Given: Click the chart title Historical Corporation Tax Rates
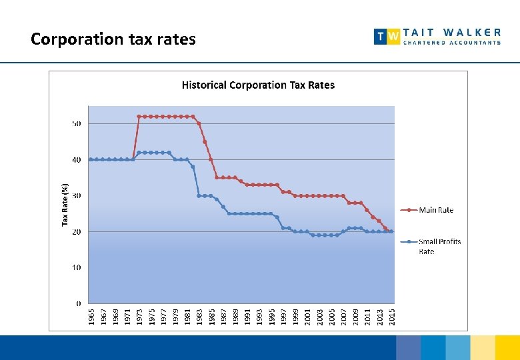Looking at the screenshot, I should tap(258, 85).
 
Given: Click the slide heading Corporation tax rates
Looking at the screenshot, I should tap(113, 39).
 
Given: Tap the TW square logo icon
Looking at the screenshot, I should tap(387, 36).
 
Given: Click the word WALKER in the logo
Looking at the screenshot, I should tap(472, 31).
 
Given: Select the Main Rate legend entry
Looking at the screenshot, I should tap(436, 210).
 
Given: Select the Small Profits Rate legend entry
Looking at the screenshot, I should tap(439, 246).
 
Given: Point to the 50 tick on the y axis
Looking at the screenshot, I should tap(77, 124).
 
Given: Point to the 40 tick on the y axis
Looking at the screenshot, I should tap(77, 160).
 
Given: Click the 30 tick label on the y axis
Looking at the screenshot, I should tap(77, 196).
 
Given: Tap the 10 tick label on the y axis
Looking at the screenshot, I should tap(77, 268).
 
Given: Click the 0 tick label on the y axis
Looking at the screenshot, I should tap(79, 304).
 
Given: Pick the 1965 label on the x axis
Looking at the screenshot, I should tap(91, 316).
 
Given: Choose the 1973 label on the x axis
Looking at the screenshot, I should tap(139, 316).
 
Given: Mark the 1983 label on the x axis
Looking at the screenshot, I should tap(199, 316).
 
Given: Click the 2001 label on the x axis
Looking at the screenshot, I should tap(307, 316).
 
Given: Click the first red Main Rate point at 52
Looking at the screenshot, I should tap(139, 117).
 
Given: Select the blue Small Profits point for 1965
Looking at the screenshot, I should tap(91, 159).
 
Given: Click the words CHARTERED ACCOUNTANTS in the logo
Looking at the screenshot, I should tap(452, 43).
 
